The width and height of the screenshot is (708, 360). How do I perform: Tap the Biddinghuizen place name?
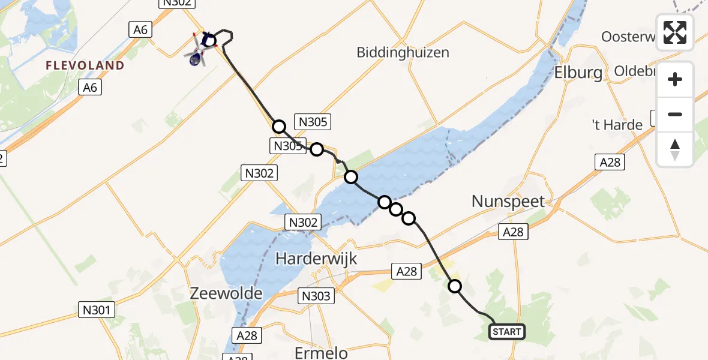403,52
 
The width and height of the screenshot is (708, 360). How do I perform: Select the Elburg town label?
578,73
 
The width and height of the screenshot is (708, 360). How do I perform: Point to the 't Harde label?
617,125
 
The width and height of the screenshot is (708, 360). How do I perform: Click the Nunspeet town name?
508,201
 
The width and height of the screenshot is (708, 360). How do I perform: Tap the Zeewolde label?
226,293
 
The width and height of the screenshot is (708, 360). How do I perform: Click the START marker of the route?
507,331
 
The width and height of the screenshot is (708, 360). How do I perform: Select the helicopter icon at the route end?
196,58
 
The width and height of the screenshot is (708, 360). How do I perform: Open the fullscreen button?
675,32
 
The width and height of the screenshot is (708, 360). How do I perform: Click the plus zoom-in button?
675,79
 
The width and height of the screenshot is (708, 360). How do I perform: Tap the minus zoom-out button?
675,114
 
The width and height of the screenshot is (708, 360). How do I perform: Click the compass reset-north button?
675,149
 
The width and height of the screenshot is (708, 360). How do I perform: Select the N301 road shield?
97,310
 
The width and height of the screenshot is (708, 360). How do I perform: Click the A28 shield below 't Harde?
610,162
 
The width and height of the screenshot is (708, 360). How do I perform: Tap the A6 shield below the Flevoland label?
90,88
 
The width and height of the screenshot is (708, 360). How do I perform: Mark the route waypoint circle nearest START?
455,286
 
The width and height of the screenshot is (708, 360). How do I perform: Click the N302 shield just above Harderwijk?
302,223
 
